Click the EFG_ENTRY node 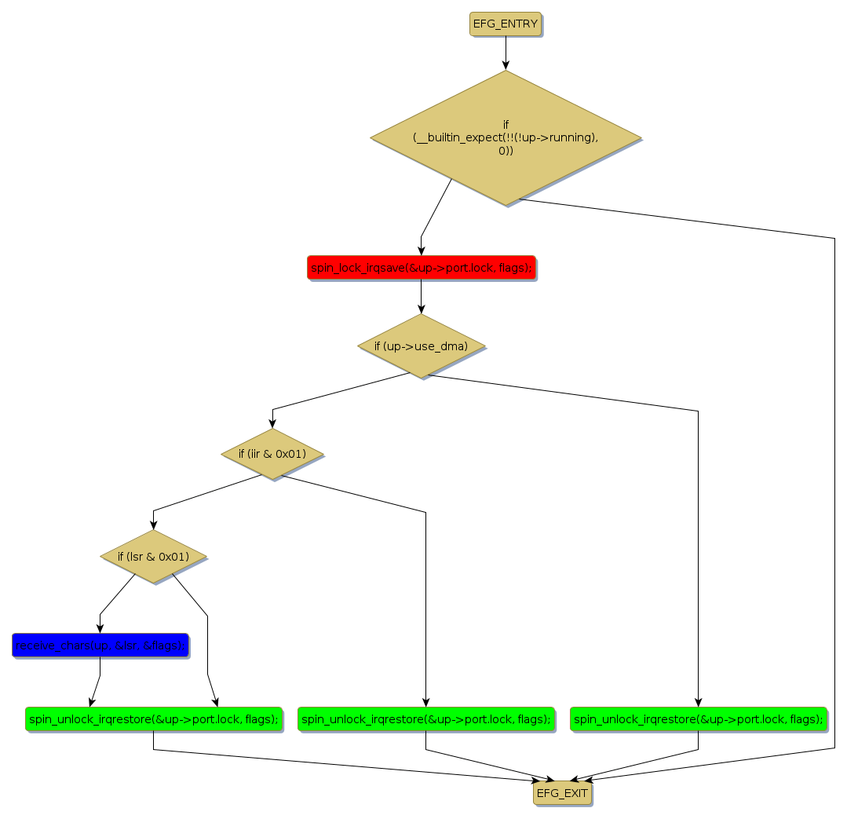coord(506,24)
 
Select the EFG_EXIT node coord(562,793)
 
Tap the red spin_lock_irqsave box coord(421,268)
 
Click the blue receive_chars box coord(100,645)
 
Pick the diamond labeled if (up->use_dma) coord(421,346)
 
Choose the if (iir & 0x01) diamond coord(272,454)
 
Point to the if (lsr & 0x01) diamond coord(153,557)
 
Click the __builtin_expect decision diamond coord(506,138)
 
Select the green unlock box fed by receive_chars coord(153,718)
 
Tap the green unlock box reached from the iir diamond coord(425,718)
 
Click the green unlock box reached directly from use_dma coord(698,718)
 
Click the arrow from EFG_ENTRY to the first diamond coord(506,53)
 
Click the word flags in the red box coord(513,268)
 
